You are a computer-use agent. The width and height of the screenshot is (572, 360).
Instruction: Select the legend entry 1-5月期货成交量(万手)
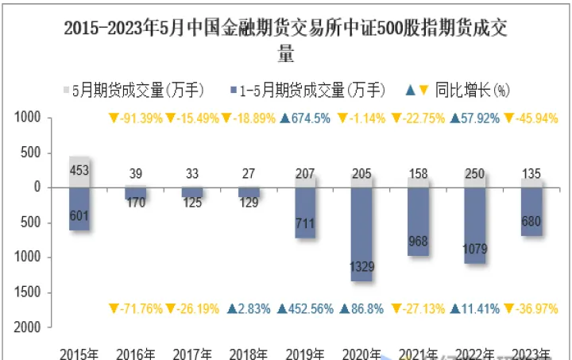pyautogui.click(x=311, y=90)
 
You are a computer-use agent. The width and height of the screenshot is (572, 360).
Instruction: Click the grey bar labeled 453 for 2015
pyautogui.click(x=79, y=172)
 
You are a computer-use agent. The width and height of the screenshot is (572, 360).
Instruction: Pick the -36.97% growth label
pyautogui.click(x=532, y=308)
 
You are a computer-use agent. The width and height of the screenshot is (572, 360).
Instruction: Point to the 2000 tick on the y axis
pyautogui.click(x=26, y=327)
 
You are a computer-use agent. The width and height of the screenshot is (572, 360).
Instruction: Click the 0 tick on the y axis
pyautogui.click(x=36, y=188)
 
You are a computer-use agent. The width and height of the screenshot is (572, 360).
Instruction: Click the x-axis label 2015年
pyautogui.click(x=79, y=353)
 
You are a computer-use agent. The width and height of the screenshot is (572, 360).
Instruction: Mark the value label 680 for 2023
pyautogui.click(x=532, y=222)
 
